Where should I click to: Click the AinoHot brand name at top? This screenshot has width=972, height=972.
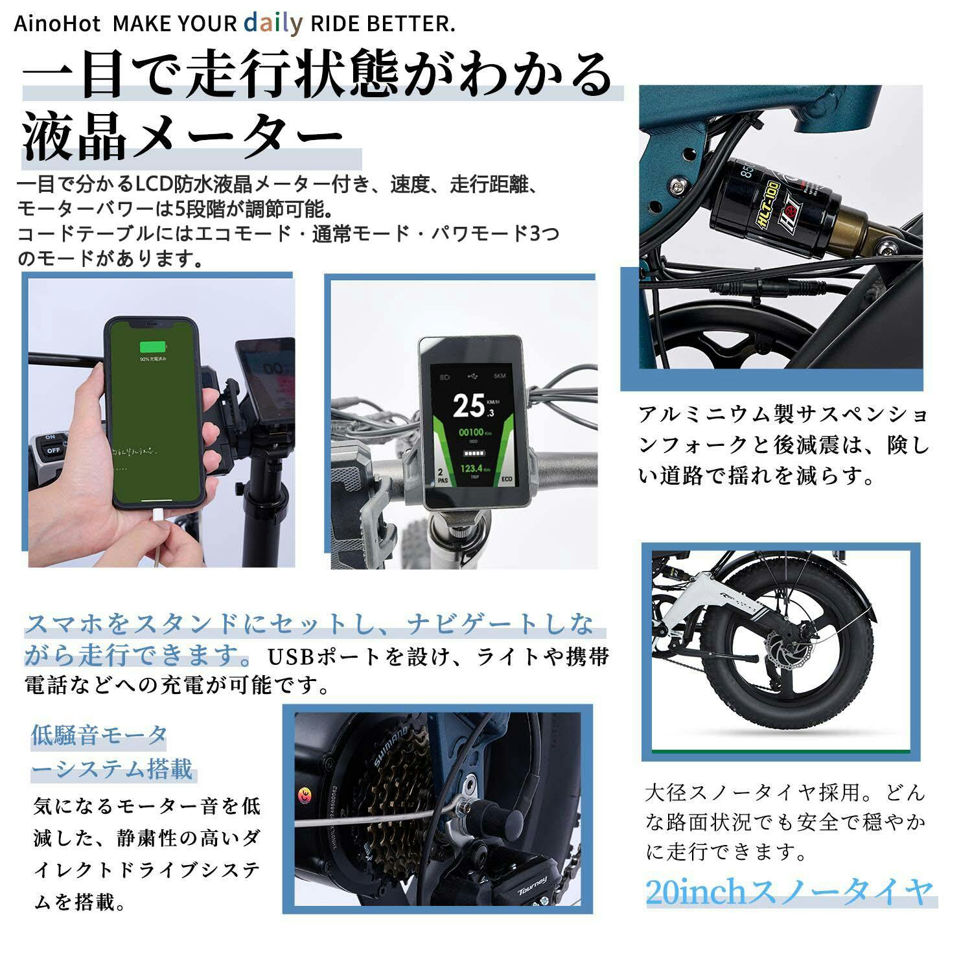coord(57,25)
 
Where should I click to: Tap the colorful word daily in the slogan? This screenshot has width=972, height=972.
coord(273,23)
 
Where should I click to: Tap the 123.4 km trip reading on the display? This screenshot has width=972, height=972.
coord(473,468)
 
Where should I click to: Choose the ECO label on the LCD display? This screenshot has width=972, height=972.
coord(507,481)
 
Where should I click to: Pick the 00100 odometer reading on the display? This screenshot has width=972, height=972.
coord(472,432)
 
